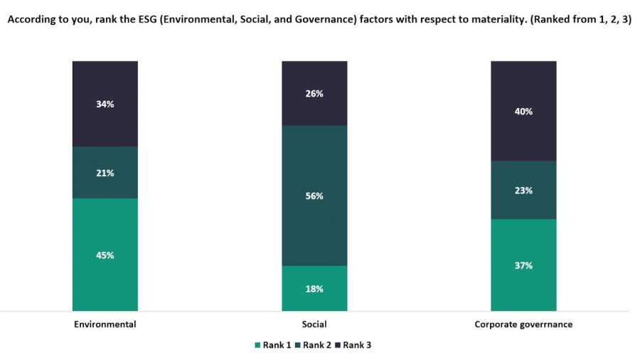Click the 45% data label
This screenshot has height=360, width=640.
pos(105,255)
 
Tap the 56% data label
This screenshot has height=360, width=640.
pos(314,196)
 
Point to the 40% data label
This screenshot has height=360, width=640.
pos(523,112)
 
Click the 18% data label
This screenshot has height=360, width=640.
pos(314,289)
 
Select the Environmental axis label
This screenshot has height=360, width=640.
pos(105,324)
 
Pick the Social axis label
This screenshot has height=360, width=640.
pos(314,324)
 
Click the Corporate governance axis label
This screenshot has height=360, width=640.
pos(523,324)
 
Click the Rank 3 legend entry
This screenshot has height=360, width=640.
pos(354,345)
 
